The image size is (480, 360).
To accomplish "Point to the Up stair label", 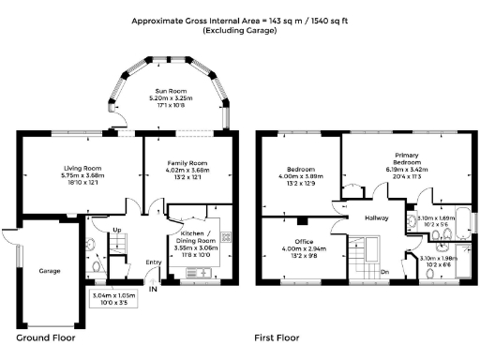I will click(116, 230).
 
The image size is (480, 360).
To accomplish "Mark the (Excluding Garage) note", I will click(240, 31).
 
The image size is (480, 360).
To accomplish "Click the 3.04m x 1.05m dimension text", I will click(113, 294).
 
